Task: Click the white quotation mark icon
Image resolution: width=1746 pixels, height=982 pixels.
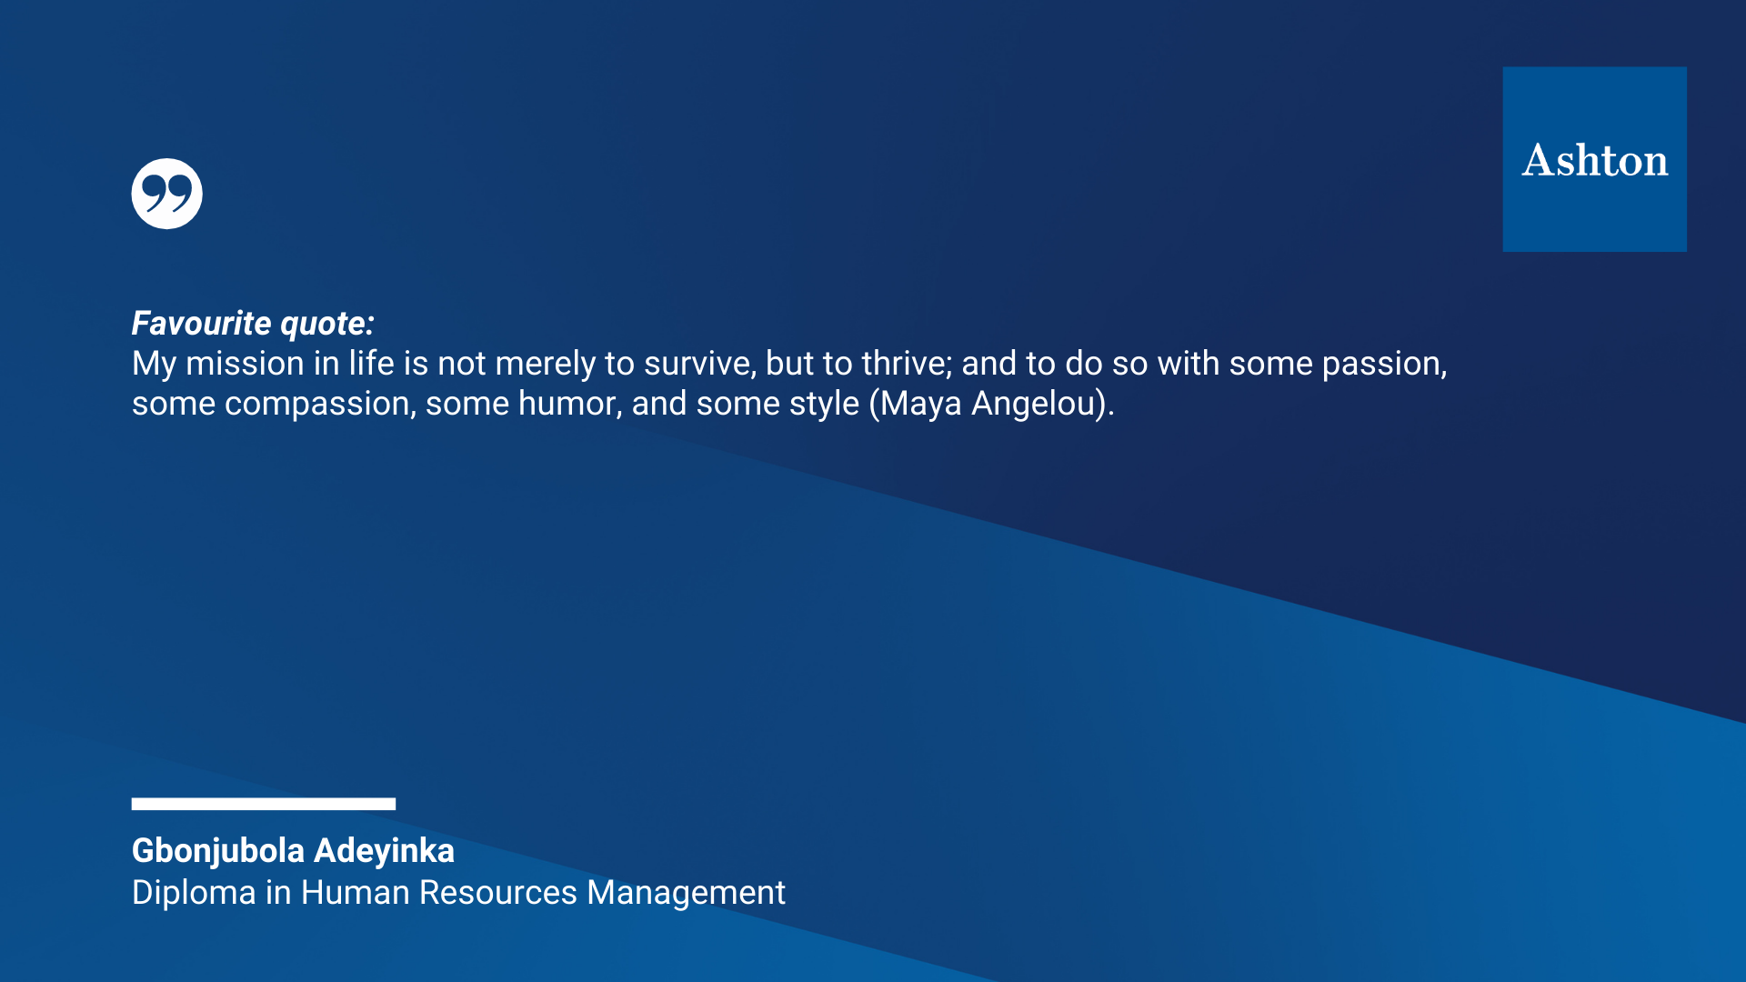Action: (x=166, y=194)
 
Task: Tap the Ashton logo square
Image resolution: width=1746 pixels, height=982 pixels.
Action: (x=1594, y=159)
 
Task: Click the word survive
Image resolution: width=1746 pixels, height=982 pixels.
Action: (x=700, y=365)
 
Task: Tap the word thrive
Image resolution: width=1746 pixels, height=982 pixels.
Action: (x=907, y=364)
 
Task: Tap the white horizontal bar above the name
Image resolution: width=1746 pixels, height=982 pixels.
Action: (x=264, y=804)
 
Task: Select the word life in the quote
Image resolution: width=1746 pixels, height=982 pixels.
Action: (x=371, y=364)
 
